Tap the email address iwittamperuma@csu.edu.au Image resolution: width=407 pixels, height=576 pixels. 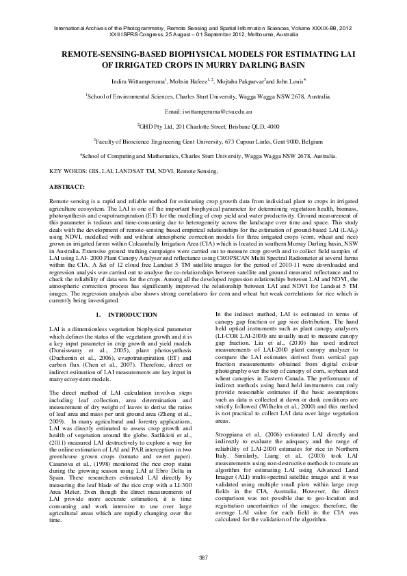pyautogui.click(x=203, y=110)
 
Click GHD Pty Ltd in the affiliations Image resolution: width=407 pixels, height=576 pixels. pyautogui.click(x=159, y=127)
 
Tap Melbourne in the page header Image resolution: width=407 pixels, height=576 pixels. pyautogui.click(x=261, y=34)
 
